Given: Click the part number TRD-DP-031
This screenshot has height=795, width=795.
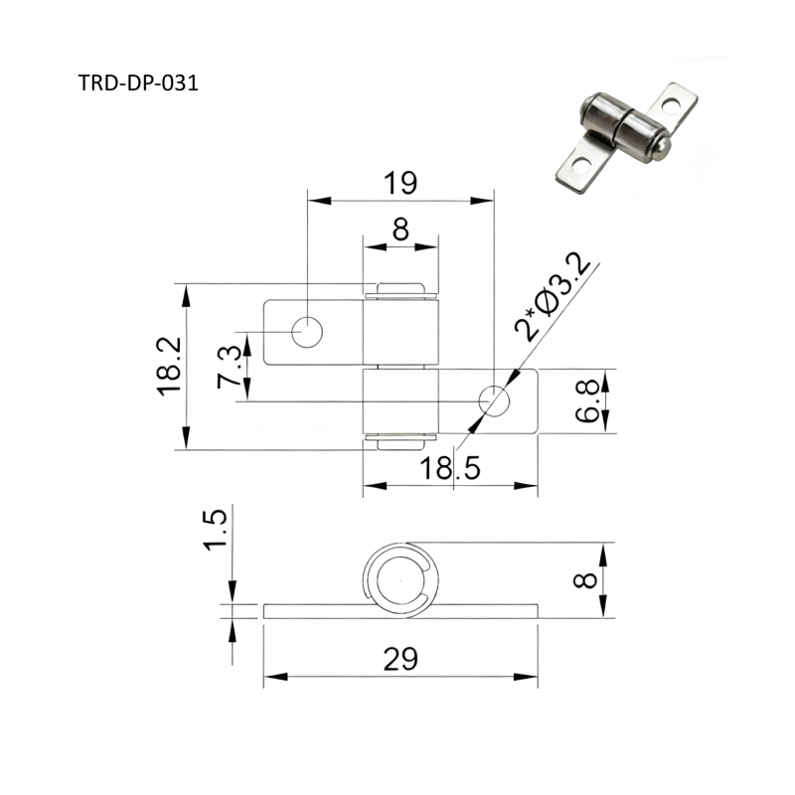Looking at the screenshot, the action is (138, 83).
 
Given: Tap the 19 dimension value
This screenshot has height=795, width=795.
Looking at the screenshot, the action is (400, 183).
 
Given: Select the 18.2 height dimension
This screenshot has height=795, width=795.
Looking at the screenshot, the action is (169, 366).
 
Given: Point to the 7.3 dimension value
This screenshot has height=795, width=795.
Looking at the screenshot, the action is (230, 367).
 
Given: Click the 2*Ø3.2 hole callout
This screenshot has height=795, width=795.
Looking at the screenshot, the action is (553, 296).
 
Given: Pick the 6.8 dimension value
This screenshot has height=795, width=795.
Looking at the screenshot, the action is (587, 401).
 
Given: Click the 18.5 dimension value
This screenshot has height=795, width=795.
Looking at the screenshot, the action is (450, 467).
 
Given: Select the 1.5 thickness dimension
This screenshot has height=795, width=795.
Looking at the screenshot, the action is (215, 530).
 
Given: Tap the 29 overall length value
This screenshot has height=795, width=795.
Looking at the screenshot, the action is (400, 659).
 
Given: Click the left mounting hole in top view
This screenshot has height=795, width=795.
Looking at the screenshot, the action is (307, 332).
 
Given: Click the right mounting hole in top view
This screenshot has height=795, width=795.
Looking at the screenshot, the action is (494, 400).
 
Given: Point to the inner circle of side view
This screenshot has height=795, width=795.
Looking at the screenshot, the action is (400, 580).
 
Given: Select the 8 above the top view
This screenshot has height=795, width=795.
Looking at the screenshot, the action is (400, 230).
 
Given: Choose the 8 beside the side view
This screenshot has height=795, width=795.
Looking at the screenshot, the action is (585, 580).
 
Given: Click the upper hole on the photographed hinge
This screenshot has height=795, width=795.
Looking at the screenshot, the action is (670, 106).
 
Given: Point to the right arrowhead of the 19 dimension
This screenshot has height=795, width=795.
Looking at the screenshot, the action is (482, 201).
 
